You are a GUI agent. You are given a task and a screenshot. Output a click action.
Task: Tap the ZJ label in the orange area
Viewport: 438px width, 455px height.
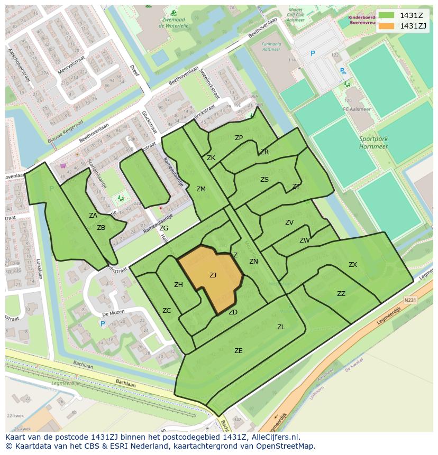coord(213,275)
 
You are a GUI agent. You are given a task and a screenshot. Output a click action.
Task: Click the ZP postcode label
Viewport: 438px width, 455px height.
coord(239,138)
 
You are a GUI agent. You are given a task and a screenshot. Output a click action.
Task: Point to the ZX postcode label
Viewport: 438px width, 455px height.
coord(353,264)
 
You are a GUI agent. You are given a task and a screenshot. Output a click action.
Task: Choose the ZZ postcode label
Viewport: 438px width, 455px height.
coord(341,294)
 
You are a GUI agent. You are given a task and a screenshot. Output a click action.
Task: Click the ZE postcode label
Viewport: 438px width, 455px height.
coord(239,350)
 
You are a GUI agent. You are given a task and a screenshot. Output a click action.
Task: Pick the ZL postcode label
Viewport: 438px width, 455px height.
coord(281,327)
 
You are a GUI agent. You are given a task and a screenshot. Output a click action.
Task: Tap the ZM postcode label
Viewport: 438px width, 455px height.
coord(201,189)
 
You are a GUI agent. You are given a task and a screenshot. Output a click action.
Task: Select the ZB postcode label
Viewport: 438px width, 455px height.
coord(101,228)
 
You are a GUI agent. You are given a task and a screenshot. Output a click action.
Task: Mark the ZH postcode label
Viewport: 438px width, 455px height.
coord(178,285)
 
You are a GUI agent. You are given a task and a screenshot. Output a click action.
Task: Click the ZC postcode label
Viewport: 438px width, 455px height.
coord(167,310)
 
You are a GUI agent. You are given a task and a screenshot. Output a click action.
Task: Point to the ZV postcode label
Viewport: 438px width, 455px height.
coord(289,222)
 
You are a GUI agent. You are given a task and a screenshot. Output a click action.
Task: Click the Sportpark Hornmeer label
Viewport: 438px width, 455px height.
coord(373,143)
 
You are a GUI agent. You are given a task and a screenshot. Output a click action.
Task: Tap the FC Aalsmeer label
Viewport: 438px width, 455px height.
coord(354,109)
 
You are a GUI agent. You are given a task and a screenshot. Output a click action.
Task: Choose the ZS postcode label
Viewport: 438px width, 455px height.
coord(264,180)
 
